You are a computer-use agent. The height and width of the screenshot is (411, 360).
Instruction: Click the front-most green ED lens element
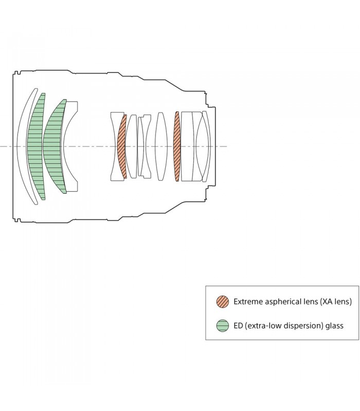tap(35, 146)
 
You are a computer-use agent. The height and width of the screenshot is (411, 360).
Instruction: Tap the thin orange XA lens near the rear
tap(177, 146)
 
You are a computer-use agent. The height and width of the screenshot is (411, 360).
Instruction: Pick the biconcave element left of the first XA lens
tap(114, 146)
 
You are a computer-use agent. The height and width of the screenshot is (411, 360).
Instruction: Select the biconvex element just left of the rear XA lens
tap(160, 146)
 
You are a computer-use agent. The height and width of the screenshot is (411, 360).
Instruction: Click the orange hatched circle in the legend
tap(223, 302)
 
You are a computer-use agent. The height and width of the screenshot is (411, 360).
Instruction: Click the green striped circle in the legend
tap(223, 325)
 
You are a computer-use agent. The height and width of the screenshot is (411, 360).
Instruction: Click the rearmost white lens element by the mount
tap(206, 146)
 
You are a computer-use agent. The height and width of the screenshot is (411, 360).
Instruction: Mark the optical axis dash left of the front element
tap(6, 146)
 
